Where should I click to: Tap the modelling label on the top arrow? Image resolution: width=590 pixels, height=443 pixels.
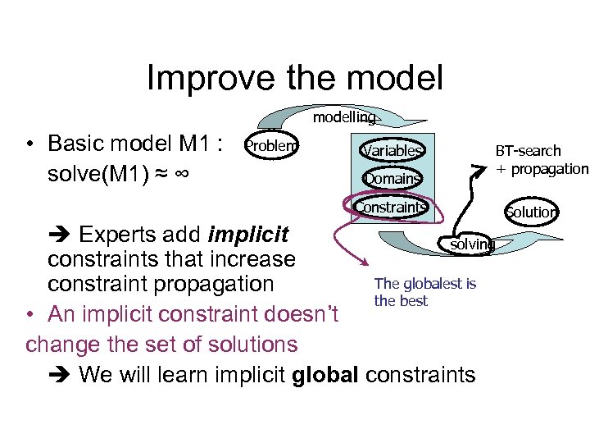click(x=344, y=117)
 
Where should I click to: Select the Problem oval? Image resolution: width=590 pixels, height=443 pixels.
click(x=272, y=146)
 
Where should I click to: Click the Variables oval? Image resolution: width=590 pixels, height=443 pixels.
click(x=393, y=151)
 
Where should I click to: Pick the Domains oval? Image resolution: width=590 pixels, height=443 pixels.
click(x=393, y=179)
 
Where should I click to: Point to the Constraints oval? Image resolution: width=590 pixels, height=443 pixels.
click(x=390, y=207)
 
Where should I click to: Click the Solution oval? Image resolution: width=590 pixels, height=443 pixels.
click(x=531, y=212)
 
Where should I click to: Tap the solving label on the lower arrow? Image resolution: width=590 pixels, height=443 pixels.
click(x=473, y=244)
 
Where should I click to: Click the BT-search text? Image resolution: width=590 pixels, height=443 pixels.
click(x=528, y=151)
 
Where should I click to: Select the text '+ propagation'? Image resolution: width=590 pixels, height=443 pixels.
click(x=542, y=169)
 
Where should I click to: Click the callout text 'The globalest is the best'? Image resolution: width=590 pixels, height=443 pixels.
click(x=424, y=292)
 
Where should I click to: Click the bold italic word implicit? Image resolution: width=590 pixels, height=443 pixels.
click(x=249, y=235)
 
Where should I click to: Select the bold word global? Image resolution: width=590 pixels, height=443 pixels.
click(x=325, y=375)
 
